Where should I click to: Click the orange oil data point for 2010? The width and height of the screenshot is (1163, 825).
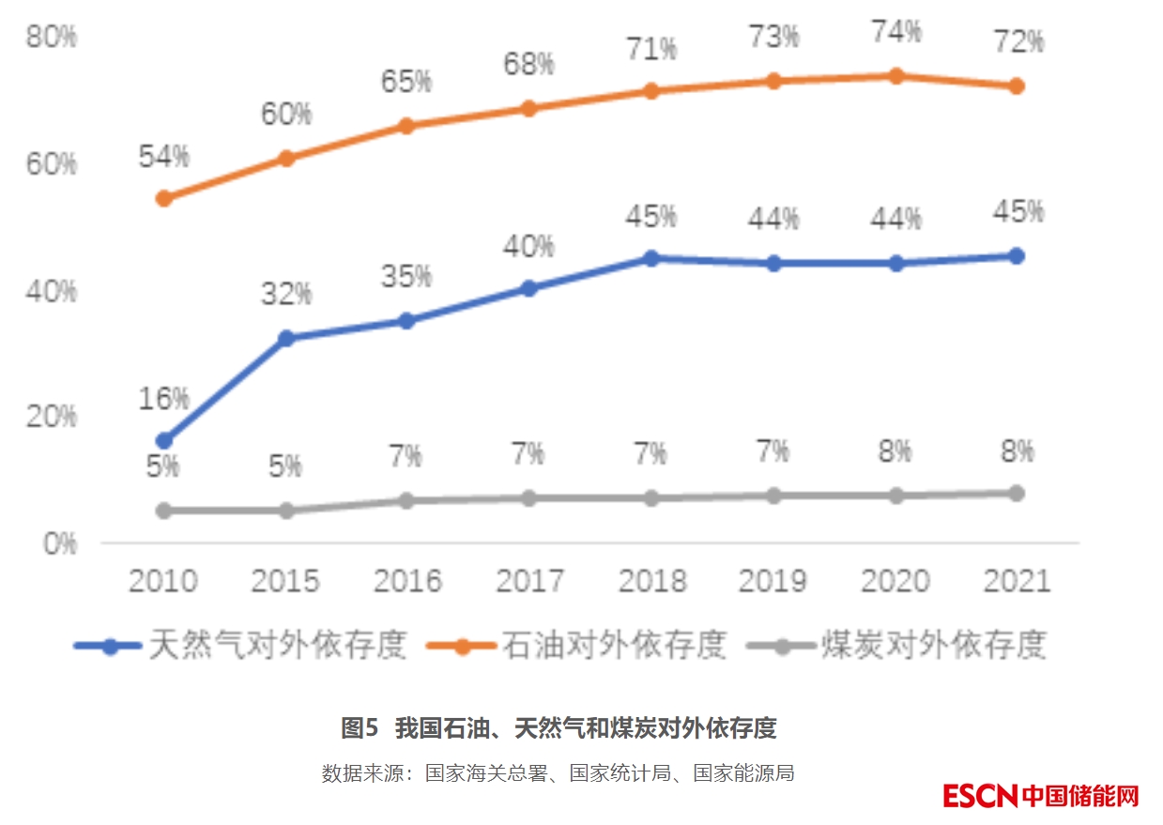(x=163, y=198)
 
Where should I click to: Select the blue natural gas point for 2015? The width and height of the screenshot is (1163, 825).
(x=286, y=338)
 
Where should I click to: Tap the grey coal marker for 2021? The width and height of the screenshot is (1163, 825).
(x=1016, y=493)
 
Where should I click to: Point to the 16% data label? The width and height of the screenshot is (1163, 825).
(x=164, y=399)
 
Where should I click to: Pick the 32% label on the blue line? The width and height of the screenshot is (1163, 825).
(x=285, y=295)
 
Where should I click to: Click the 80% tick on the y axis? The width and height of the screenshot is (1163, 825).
(x=52, y=38)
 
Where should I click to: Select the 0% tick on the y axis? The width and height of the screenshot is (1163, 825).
(x=59, y=543)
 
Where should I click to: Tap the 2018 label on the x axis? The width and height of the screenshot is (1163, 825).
(x=651, y=582)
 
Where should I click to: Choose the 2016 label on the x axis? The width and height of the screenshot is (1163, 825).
(x=407, y=582)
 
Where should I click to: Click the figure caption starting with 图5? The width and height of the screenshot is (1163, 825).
(x=559, y=727)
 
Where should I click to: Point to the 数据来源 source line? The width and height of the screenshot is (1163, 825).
(x=559, y=773)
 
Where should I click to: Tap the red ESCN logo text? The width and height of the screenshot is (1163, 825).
(x=980, y=796)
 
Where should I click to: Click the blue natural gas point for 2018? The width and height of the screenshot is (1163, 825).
(x=651, y=258)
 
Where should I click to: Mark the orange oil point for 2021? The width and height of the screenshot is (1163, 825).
(x=1016, y=86)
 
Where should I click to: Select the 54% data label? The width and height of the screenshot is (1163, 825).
(x=164, y=157)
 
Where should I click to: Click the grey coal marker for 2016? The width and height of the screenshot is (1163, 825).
(x=407, y=500)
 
